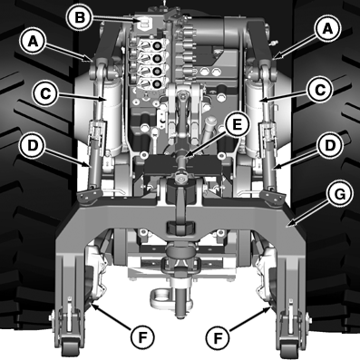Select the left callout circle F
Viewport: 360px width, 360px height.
138,337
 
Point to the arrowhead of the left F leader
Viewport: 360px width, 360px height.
91,307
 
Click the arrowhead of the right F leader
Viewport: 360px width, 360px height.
268,307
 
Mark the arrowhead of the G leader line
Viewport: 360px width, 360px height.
287,220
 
